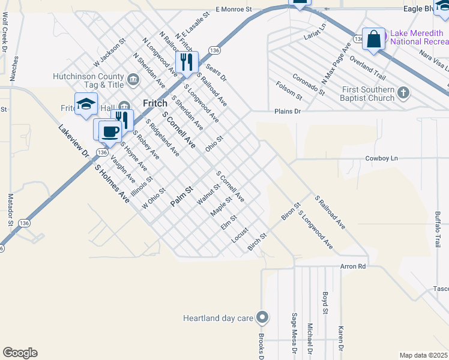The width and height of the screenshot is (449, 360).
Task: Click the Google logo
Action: click(20, 353)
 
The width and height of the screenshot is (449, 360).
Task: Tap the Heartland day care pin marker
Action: click(262, 317)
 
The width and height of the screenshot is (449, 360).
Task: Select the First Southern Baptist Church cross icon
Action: click(403, 93)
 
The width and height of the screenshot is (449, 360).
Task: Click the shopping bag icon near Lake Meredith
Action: click(373, 40)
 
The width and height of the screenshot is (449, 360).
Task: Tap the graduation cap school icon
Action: click(86, 104)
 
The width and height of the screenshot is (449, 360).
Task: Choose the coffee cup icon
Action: click(110, 131)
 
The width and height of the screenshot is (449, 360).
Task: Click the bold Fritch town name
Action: click(155, 103)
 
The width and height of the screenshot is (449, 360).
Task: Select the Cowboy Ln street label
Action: click(382, 158)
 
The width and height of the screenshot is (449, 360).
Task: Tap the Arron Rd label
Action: click(353, 266)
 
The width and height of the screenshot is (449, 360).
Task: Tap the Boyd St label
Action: click(325, 303)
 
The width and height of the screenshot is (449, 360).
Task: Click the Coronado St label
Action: click(309, 85)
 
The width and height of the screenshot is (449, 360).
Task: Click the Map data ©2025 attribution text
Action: click(423, 355)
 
